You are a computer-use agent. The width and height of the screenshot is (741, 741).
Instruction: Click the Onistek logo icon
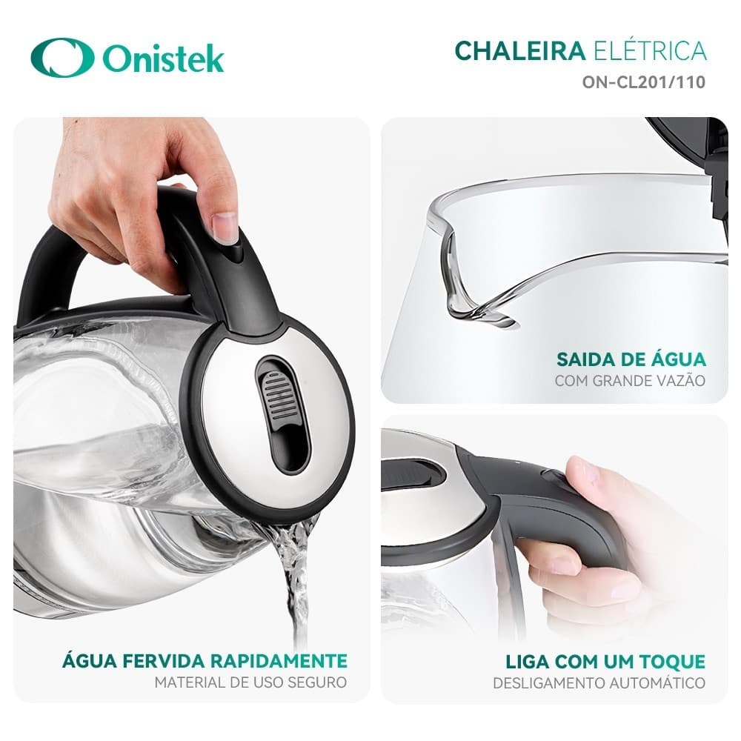(x=62, y=57)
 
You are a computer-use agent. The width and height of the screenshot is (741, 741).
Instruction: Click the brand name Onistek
(x=163, y=59)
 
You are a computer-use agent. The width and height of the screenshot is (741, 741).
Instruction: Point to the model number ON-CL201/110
(x=643, y=82)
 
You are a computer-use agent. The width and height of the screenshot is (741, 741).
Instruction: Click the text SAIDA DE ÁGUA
(x=631, y=360)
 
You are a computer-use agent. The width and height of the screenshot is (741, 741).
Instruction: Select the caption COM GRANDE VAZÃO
(x=630, y=382)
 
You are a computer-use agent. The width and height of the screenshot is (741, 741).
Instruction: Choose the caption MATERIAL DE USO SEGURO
(x=250, y=682)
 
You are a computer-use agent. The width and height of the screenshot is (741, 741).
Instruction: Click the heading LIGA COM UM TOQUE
(x=605, y=661)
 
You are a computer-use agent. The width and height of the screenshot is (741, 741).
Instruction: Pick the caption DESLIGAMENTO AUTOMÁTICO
(x=599, y=682)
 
